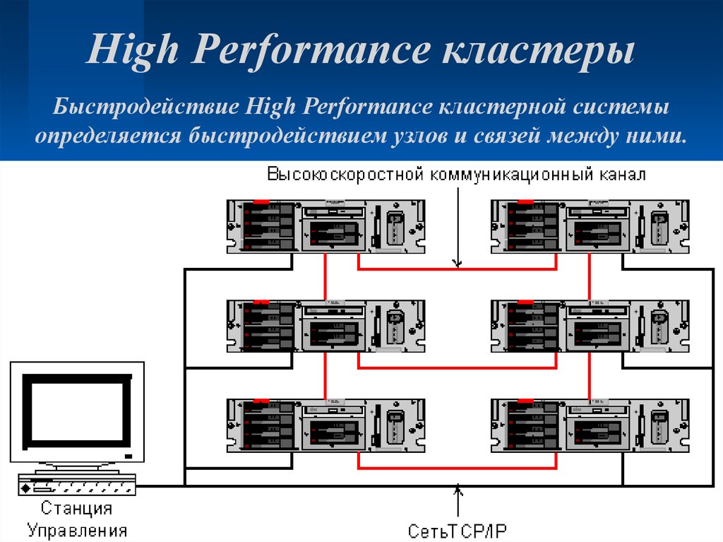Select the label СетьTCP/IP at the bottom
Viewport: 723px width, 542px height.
[458, 530]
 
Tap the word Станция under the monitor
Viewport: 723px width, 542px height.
[76, 508]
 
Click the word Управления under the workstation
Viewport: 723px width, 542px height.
[78, 530]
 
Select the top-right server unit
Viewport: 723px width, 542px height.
[590, 227]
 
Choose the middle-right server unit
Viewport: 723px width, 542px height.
[590, 326]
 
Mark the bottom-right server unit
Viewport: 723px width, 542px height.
[590, 425]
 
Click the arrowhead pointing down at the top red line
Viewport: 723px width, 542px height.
[458, 264]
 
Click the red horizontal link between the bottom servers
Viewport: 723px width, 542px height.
[458, 469]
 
